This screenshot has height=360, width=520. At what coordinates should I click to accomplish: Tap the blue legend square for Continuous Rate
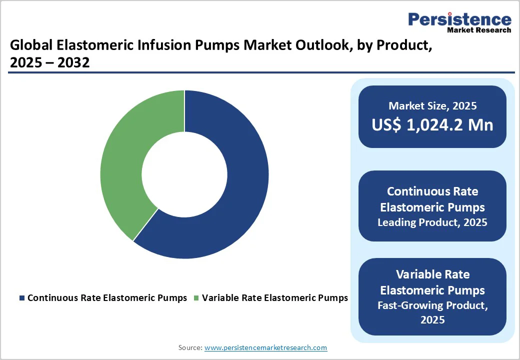21,298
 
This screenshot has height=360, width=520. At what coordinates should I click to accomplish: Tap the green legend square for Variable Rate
196,298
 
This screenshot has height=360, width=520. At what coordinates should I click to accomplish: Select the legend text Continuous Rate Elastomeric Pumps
107,298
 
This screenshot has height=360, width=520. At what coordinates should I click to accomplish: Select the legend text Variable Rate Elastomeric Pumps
274,298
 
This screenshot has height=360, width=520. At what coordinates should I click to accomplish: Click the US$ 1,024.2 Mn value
432,125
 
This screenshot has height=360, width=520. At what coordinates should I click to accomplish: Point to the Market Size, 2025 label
432,106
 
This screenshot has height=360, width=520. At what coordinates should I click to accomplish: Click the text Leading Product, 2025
432,222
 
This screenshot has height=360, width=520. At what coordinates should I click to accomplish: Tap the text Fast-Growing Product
432,305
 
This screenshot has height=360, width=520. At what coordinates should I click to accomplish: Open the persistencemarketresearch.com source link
265,347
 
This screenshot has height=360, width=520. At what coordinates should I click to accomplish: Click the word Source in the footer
190,347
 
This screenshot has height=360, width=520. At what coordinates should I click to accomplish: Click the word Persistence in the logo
459,19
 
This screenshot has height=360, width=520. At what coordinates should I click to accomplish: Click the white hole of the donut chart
184,174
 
